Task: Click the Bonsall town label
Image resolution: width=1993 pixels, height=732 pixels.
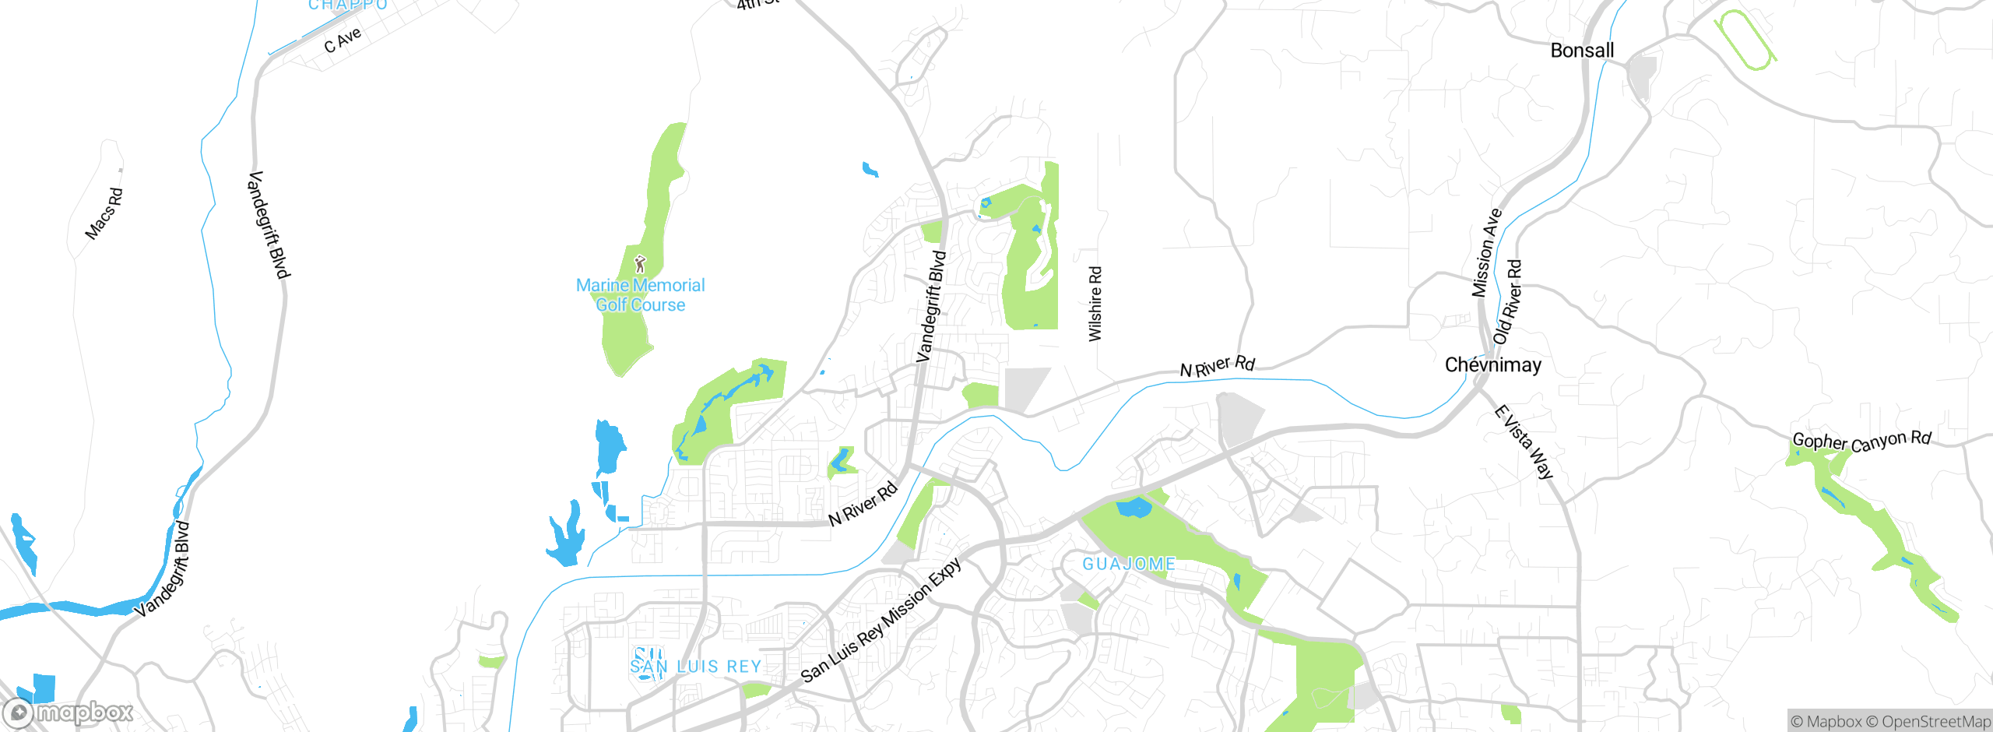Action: (1582, 51)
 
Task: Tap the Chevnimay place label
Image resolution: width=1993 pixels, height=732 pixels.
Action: (1492, 365)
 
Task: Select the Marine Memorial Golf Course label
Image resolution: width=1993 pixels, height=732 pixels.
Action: (640, 296)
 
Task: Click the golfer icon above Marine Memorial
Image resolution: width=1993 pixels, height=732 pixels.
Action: (640, 264)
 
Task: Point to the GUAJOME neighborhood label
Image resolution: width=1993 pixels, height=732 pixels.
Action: (1129, 564)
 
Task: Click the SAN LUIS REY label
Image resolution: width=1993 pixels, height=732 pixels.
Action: (695, 667)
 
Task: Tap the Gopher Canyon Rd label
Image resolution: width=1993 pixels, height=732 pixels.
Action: (1861, 442)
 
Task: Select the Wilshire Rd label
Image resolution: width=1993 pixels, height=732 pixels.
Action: (1095, 304)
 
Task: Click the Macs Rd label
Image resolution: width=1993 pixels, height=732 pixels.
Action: (104, 213)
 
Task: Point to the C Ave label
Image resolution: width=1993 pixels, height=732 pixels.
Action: (343, 40)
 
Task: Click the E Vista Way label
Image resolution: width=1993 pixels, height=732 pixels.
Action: (1524, 442)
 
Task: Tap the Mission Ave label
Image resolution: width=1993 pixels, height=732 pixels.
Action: (1485, 253)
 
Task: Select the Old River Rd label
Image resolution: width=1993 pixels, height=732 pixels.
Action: (1508, 302)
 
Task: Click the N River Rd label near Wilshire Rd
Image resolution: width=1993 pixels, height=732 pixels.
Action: (1217, 366)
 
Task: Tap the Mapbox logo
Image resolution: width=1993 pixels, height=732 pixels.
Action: (69, 713)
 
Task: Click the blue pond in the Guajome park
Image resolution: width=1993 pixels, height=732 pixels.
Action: (1134, 509)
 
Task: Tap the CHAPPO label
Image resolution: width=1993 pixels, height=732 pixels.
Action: (348, 5)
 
